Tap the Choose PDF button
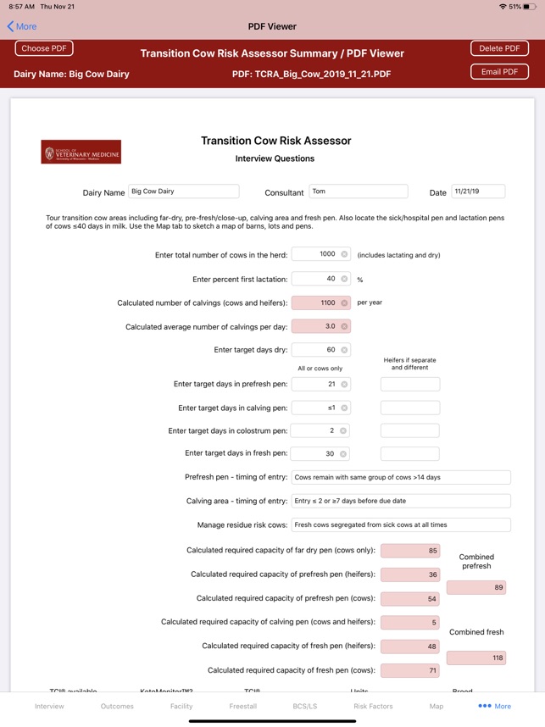[44, 48]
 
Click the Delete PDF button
[499, 48]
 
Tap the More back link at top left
[22, 26]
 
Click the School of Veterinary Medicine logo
[81, 152]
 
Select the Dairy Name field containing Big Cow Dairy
[183, 191]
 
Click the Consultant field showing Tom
[358, 191]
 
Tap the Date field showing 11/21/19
[478, 191]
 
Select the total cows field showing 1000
[315, 254]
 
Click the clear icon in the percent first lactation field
[344, 279]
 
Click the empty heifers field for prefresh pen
[409, 384]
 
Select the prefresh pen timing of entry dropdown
[400, 477]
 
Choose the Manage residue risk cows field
[400, 524]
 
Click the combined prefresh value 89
[475, 587]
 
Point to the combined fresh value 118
[475, 658]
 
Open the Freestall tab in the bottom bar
[243, 706]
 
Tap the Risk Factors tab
[373, 706]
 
